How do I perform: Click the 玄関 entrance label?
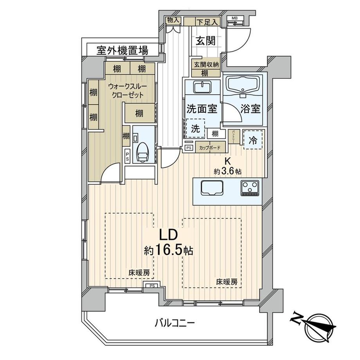coord(205,40)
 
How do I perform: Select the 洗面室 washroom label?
coord(202,109)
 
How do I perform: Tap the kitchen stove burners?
coord(250,188)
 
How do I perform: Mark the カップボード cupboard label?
coord(210,148)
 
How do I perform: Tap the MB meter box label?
coord(234,18)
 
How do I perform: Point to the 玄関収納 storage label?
coord(205,65)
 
